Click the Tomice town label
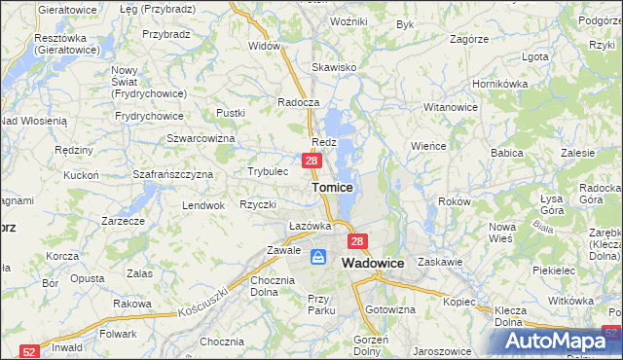tap(332, 186)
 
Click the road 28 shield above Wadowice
tap(358, 241)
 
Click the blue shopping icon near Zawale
tap(318, 257)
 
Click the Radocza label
tap(298, 102)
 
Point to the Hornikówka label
tap(499, 84)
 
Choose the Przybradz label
tap(165, 33)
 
